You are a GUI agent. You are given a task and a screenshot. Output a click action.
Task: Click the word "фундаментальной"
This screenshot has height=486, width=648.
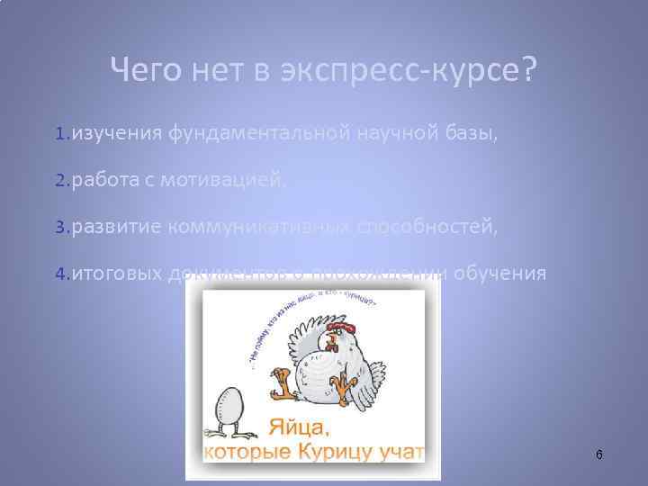[x=256, y=134]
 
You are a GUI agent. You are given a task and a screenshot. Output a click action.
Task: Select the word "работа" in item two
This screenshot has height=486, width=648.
[x=103, y=181]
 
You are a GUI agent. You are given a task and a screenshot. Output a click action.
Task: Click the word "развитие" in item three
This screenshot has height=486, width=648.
[x=115, y=227]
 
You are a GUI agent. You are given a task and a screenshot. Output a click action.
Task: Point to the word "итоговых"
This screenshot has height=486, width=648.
[x=117, y=274]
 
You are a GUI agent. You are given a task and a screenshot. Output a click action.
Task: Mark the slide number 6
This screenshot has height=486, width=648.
[x=599, y=455]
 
